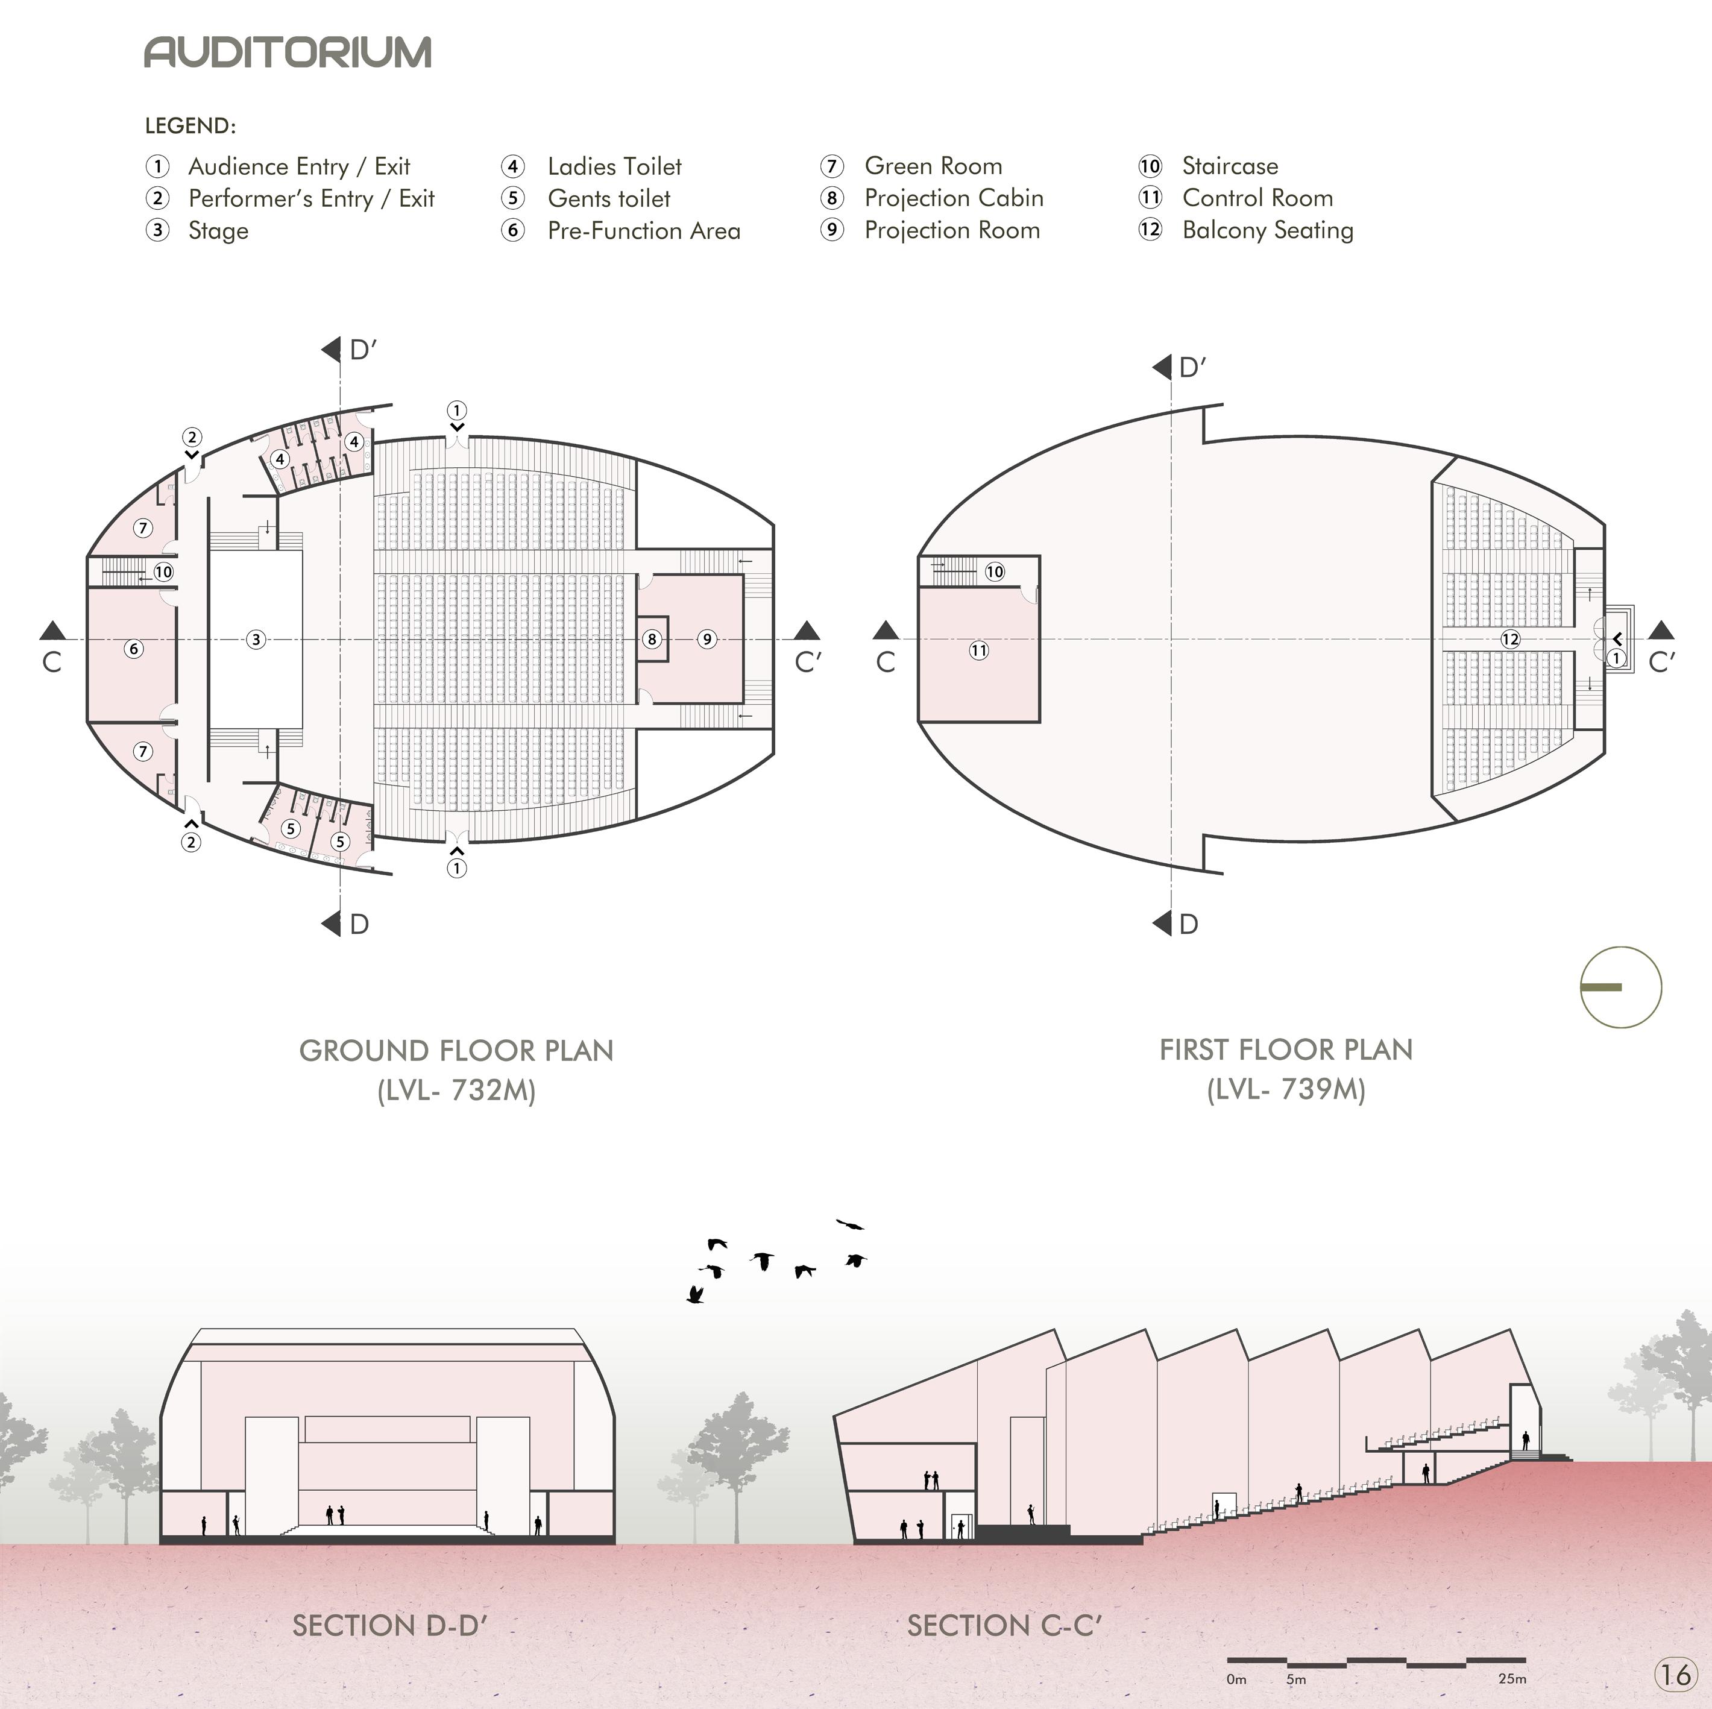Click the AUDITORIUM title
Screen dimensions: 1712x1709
288,52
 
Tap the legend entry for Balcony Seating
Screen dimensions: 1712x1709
1267,230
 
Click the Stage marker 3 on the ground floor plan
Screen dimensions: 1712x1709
256,639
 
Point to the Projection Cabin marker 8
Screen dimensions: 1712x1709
652,639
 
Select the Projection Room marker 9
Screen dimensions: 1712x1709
707,639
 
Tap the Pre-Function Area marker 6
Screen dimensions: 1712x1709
134,649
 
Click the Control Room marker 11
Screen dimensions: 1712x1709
978,650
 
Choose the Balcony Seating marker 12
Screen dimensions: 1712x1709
1510,639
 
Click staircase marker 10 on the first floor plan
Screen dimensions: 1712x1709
994,571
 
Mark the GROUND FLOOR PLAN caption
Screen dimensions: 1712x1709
456,1050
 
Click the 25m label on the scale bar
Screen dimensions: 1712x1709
1512,1679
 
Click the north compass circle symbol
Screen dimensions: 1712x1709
1621,987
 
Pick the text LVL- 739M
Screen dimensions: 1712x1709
1286,1089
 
